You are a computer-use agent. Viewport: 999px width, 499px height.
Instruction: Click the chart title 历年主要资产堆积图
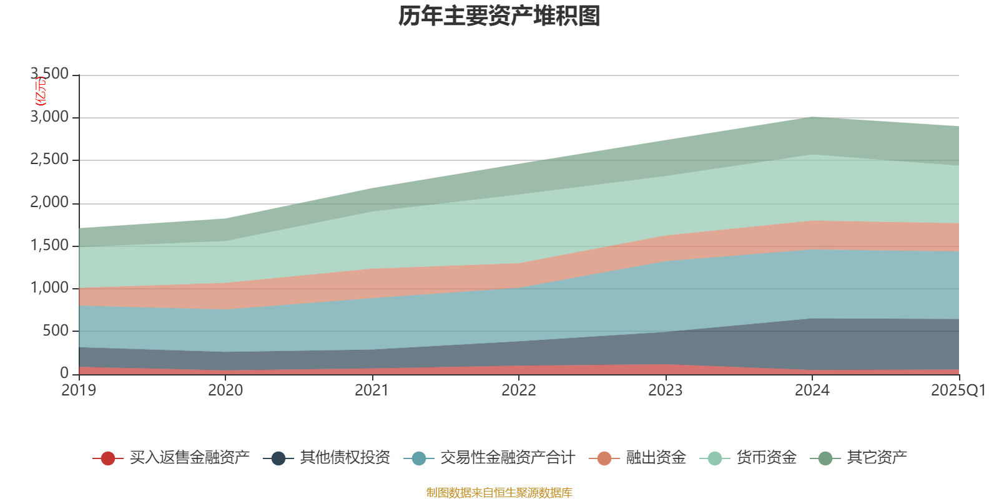[x=499, y=16]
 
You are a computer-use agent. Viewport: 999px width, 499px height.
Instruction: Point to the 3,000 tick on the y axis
[x=50, y=117]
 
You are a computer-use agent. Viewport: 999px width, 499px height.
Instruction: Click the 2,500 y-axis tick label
[x=50, y=160]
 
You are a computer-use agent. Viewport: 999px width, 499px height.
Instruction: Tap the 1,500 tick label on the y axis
[x=50, y=245]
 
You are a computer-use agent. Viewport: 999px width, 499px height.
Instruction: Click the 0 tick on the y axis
[x=64, y=373]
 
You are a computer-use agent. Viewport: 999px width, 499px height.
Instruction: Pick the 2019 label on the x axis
[x=79, y=390]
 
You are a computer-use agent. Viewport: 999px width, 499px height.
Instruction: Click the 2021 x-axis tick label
[x=372, y=390]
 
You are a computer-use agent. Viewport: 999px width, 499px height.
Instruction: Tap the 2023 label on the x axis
[x=666, y=390]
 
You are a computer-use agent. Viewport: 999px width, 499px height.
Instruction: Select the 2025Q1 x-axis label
[x=958, y=390]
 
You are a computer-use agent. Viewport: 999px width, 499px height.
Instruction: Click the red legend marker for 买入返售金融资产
[x=108, y=458]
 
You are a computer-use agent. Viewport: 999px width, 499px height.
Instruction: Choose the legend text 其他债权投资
[x=345, y=458]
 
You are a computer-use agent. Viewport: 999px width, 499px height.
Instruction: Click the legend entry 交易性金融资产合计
[x=507, y=458]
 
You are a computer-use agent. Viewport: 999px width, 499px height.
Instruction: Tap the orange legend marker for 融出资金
[x=604, y=458]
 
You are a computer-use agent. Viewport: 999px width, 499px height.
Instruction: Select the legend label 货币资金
[x=766, y=458]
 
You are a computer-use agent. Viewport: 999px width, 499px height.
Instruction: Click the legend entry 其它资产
[x=877, y=458]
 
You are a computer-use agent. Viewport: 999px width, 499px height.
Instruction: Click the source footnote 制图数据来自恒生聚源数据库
[x=499, y=493]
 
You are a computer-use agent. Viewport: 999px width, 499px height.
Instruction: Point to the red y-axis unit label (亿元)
[x=40, y=91]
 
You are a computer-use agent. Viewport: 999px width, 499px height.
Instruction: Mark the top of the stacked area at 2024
[x=812, y=117]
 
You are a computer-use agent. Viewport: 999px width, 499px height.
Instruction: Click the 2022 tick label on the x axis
[x=519, y=390]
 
